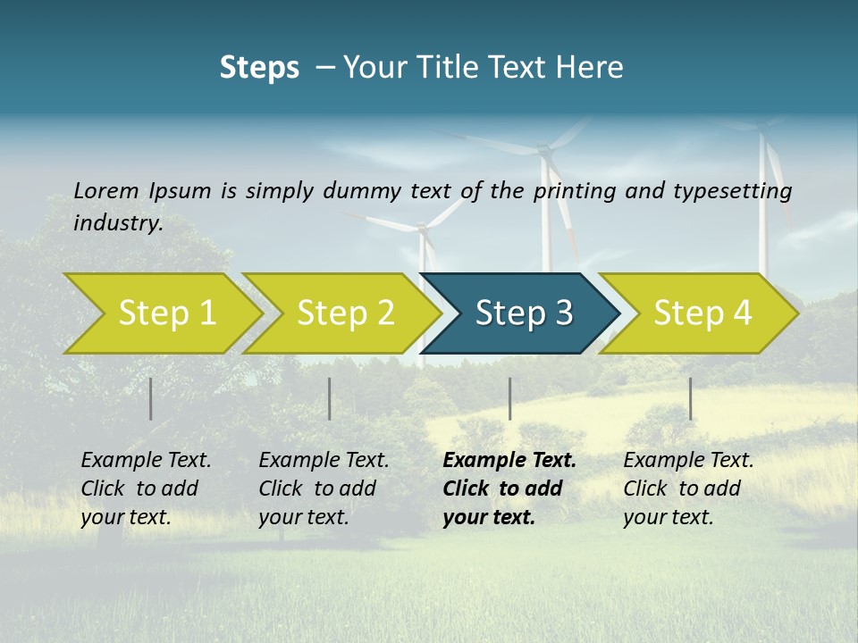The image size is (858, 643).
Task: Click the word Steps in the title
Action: coord(259,68)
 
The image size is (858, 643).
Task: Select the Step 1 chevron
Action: coord(166,313)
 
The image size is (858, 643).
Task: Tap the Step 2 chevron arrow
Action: coord(345,313)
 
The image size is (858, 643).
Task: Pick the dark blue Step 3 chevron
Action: coord(523,313)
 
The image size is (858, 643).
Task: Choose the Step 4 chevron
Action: coord(702,313)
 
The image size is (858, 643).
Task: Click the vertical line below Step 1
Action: coord(151,398)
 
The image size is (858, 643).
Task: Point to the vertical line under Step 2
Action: coord(330,398)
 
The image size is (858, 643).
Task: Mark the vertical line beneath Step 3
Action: coord(509,398)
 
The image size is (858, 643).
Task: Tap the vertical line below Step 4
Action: coord(690,398)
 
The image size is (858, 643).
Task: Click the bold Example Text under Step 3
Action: coord(509,461)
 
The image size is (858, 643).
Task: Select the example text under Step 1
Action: coord(146,489)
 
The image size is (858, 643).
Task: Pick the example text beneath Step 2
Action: coord(324,489)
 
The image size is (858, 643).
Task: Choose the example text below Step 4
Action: coord(688,489)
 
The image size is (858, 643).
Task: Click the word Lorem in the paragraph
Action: coord(106,190)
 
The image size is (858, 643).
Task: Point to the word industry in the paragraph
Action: coord(118,222)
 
